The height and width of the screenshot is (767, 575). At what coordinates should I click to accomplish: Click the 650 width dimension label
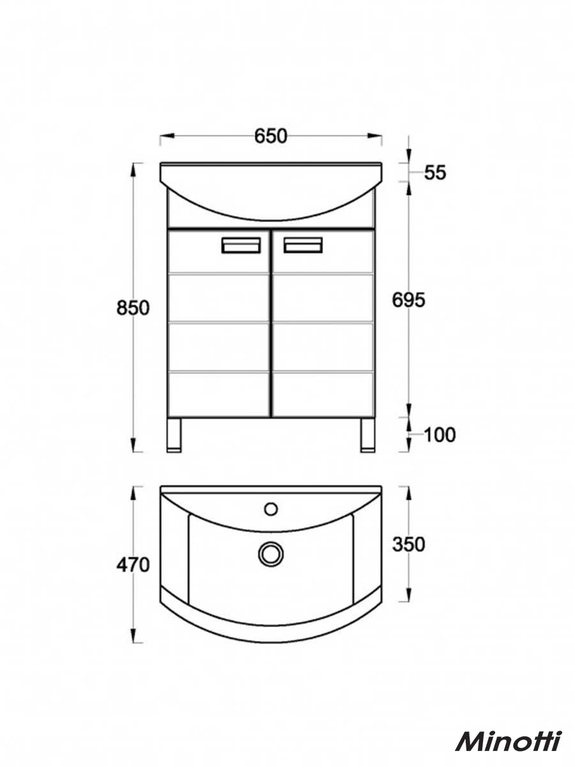[x=270, y=136]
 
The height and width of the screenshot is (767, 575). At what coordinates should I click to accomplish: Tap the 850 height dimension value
[x=133, y=308]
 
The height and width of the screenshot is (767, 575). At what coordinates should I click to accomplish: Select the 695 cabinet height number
[x=408, y=300]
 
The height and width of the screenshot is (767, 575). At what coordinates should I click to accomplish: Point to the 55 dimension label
[x=435, y=173]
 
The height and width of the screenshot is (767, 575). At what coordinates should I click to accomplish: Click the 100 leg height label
[x=440, y=435]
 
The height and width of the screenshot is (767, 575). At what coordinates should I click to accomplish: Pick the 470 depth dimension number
[x=133, y=565]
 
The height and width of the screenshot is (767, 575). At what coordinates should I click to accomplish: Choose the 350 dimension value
[x=408, y=545]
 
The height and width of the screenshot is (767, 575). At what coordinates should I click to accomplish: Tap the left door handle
[x=241, y=245]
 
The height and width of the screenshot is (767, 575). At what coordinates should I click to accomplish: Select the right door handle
[x=303, y=245]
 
